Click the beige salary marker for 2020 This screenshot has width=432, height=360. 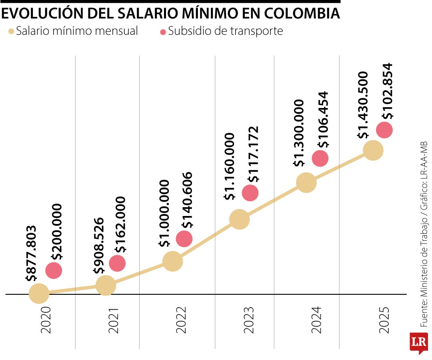(39, 294)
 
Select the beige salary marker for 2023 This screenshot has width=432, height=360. (240, 219)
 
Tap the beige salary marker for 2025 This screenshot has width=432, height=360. (373, 150)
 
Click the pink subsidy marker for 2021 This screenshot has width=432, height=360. (117, 263)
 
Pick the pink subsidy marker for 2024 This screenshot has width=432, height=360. (320, 158)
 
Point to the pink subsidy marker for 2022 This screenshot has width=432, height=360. (184, 238)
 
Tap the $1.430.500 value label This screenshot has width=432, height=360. (363, 105)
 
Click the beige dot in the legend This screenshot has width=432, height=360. (11, 31)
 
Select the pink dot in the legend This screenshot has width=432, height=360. (163, 31)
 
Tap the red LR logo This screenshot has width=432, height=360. (418, 342)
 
